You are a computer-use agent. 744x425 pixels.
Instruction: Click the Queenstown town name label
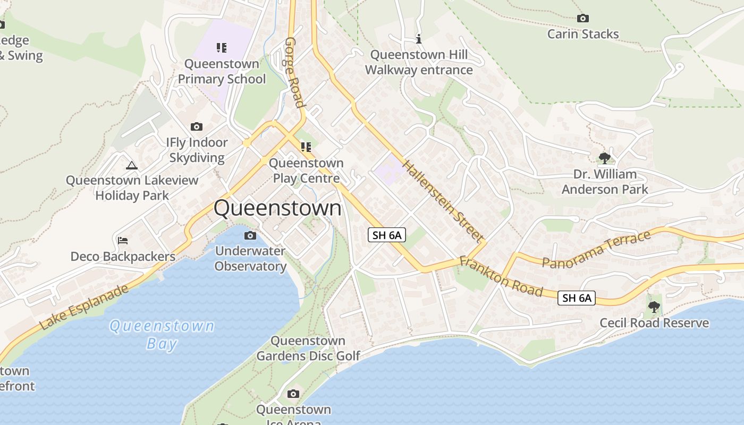click(x=277, y=208)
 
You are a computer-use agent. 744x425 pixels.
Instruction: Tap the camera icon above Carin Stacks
click(x=583, y=19)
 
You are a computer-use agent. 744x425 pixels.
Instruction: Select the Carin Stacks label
click(x=583, y=34)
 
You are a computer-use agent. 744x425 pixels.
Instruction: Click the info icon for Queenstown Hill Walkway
click(x=419, y=39)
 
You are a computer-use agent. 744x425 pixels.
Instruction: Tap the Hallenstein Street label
click(x=442, y=200)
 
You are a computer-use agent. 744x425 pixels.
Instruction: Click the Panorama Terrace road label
click(x=596, y=249)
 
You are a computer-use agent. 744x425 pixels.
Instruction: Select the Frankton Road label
click(x=501, y=276)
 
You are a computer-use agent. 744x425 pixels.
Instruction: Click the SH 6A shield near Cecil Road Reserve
click(x=577, y=298)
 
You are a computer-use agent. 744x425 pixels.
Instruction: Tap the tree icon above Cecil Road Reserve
click(x=654, y=307)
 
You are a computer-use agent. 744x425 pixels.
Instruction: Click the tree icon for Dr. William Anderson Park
click(x=604, y=158)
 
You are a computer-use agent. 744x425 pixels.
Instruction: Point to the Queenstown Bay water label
click(x=162, y=334)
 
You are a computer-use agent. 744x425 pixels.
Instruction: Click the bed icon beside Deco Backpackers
click(x=123, y=241)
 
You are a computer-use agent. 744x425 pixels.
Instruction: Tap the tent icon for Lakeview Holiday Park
click(x=132, y=165)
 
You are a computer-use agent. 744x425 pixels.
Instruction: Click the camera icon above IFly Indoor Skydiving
click(x=197, y=127)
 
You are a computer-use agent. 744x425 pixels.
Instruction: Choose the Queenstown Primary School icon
click(x=222, y=48)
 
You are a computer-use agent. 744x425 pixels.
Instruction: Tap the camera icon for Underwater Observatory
click(x=250, y=236)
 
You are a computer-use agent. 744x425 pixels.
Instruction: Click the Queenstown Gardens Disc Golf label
click(x=308, y=348)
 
